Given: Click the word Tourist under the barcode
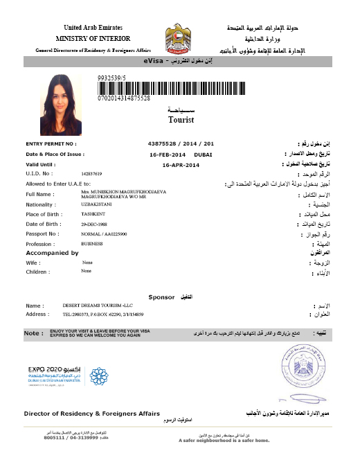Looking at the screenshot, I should pos(181,119).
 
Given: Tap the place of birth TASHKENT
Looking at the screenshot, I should pos(92,215).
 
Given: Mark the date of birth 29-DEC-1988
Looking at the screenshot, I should pos(94,226).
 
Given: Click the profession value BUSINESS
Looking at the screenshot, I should pos(91,245).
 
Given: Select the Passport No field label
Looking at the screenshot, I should pos(44,236).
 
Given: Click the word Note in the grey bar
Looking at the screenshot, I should pos(33,333).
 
